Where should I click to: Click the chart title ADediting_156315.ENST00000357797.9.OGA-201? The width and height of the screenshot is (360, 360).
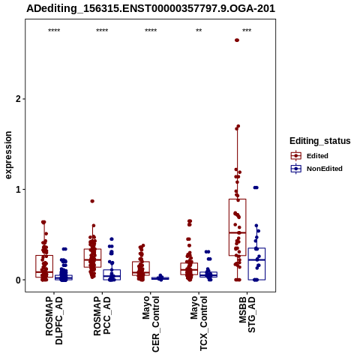pos(151,9)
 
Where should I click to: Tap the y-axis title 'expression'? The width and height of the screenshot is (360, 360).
pos(8,155)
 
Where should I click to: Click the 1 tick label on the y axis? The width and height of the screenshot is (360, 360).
pos(18,190)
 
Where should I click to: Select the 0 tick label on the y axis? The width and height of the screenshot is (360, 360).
pos(18,280)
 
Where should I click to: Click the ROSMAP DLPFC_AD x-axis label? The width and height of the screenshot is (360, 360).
pos(54,320)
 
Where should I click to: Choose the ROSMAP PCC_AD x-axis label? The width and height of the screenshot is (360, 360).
pos(102,316)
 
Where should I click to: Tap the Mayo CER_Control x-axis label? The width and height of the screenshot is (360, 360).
pos(151,324)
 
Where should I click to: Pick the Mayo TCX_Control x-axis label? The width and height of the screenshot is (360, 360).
pos(199,323)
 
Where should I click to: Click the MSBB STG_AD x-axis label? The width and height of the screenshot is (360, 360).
pos(247,314)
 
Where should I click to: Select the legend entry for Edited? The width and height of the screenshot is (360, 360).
pos(310,156)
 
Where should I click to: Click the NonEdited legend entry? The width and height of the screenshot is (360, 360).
pos(316,169)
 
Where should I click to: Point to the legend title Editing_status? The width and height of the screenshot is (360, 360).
pos(320,141)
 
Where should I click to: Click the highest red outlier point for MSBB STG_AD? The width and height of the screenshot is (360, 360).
pos(237,40)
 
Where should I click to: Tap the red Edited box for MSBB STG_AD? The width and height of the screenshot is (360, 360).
pos(238,227)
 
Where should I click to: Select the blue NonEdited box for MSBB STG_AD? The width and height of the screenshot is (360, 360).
pos(256,264)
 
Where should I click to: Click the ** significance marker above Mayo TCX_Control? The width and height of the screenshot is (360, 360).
pos(199,31)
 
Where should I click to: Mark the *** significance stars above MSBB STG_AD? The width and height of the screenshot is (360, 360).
pos(247,31)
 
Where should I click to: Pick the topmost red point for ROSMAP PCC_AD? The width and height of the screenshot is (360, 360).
pos(92,201)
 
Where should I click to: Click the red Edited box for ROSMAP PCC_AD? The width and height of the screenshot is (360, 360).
pos(92,258)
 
